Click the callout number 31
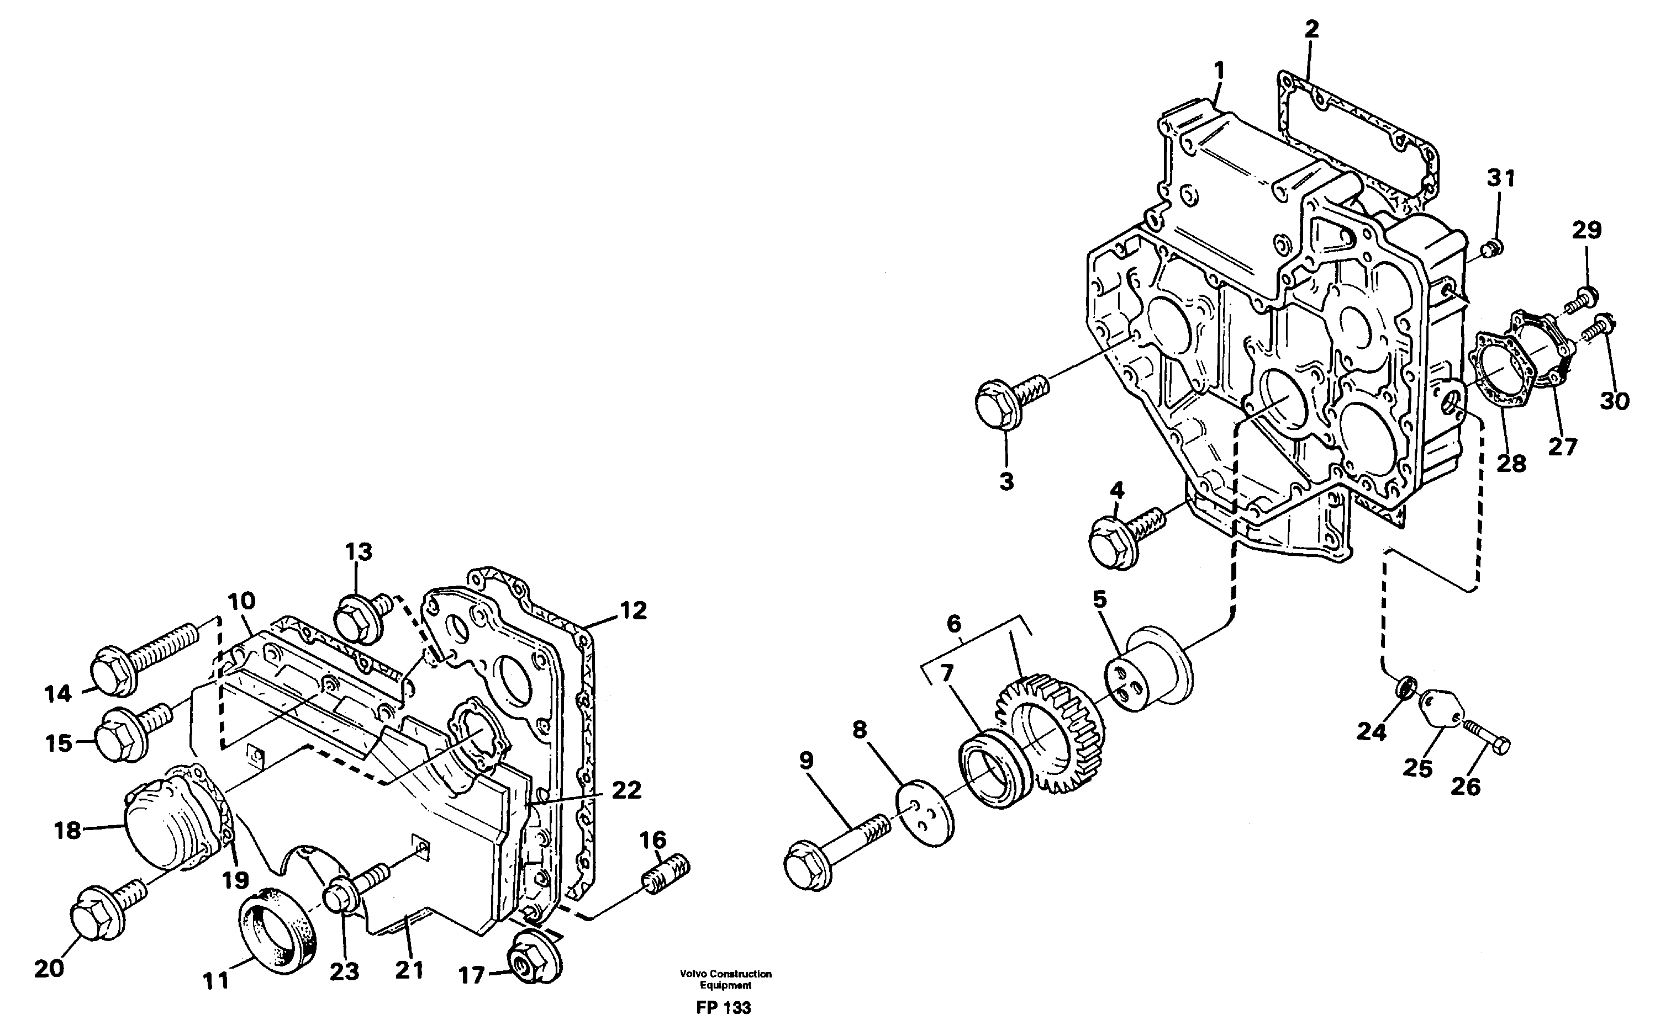click(1500, 178)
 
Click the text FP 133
click(723, 1008)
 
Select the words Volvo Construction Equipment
click(725, 979)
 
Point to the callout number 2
click(1311, 29)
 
